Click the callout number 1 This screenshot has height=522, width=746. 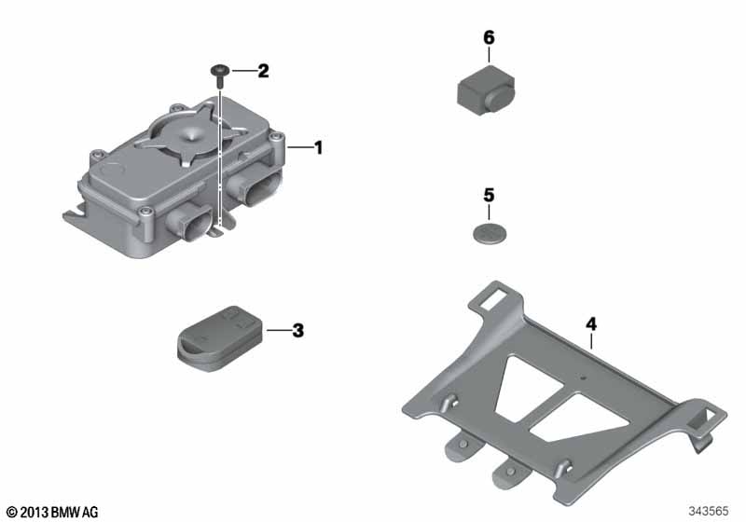tap(319, 147)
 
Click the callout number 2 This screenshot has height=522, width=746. tap(263, 72)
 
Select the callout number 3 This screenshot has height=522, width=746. tap(297, 330)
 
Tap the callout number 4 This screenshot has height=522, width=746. tap(590, 324)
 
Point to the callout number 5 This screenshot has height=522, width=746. tap(489, 196)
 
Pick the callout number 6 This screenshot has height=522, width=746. tap(489, 37)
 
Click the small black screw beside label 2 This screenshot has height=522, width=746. tap(220, 76)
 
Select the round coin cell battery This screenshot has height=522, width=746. tap(490, 234)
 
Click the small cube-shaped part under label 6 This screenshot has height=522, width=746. tap(485, 90)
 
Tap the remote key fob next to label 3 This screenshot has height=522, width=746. tap(220, 338)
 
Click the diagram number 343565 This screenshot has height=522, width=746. tap(709, 511)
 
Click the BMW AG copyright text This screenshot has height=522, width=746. tap(53, 512)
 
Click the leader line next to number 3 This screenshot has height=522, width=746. tap(278, 330)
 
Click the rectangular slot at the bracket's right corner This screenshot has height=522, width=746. tap(711, 416)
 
